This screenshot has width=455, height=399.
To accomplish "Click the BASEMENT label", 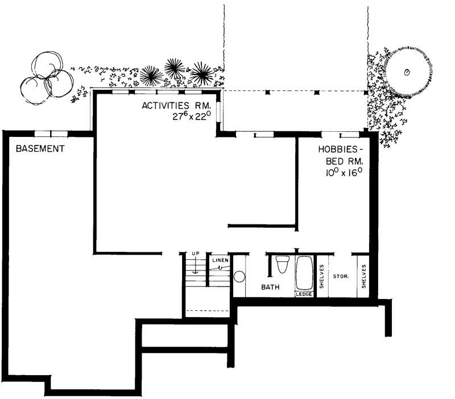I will [40, 149].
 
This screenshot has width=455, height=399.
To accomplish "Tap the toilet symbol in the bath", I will [282, 265].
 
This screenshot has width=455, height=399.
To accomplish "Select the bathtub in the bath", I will [303, 273].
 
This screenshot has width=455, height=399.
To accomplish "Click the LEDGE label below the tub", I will [303, 294].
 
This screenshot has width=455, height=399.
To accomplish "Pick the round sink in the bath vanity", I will [239, 277].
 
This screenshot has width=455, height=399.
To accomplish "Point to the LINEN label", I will [220, 260].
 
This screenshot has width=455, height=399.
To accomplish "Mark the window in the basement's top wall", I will [51, 134].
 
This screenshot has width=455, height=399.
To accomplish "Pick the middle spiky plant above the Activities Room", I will [174, 69].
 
